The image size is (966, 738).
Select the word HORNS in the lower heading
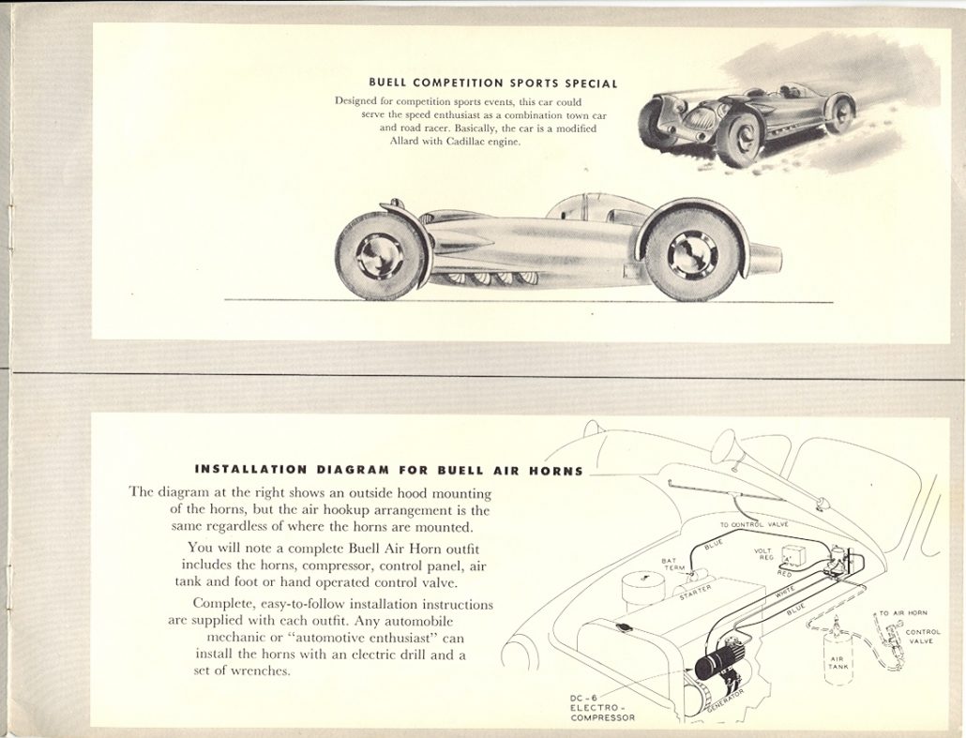pyautogui.click(x=555, y=470)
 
